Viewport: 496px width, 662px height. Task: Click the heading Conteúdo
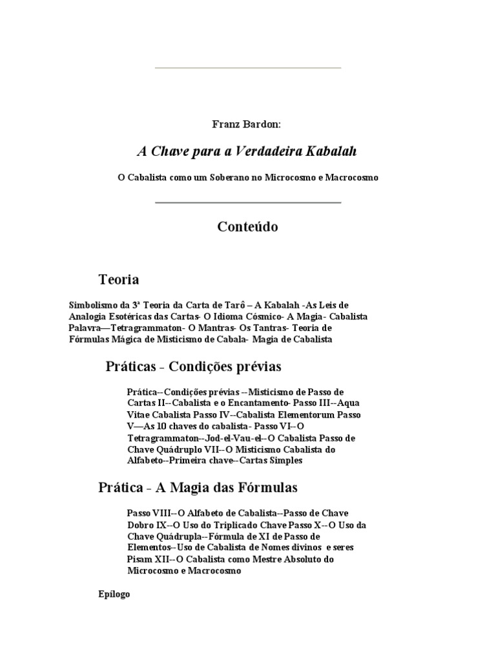click(x=248, y=227)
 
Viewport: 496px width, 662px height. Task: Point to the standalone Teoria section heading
click(x=118, y=280)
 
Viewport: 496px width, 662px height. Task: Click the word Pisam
click(x=139, y=560)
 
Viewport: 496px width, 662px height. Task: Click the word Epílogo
click(x=114, y=594)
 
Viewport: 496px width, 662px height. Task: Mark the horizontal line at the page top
click(x=248, y=67)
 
